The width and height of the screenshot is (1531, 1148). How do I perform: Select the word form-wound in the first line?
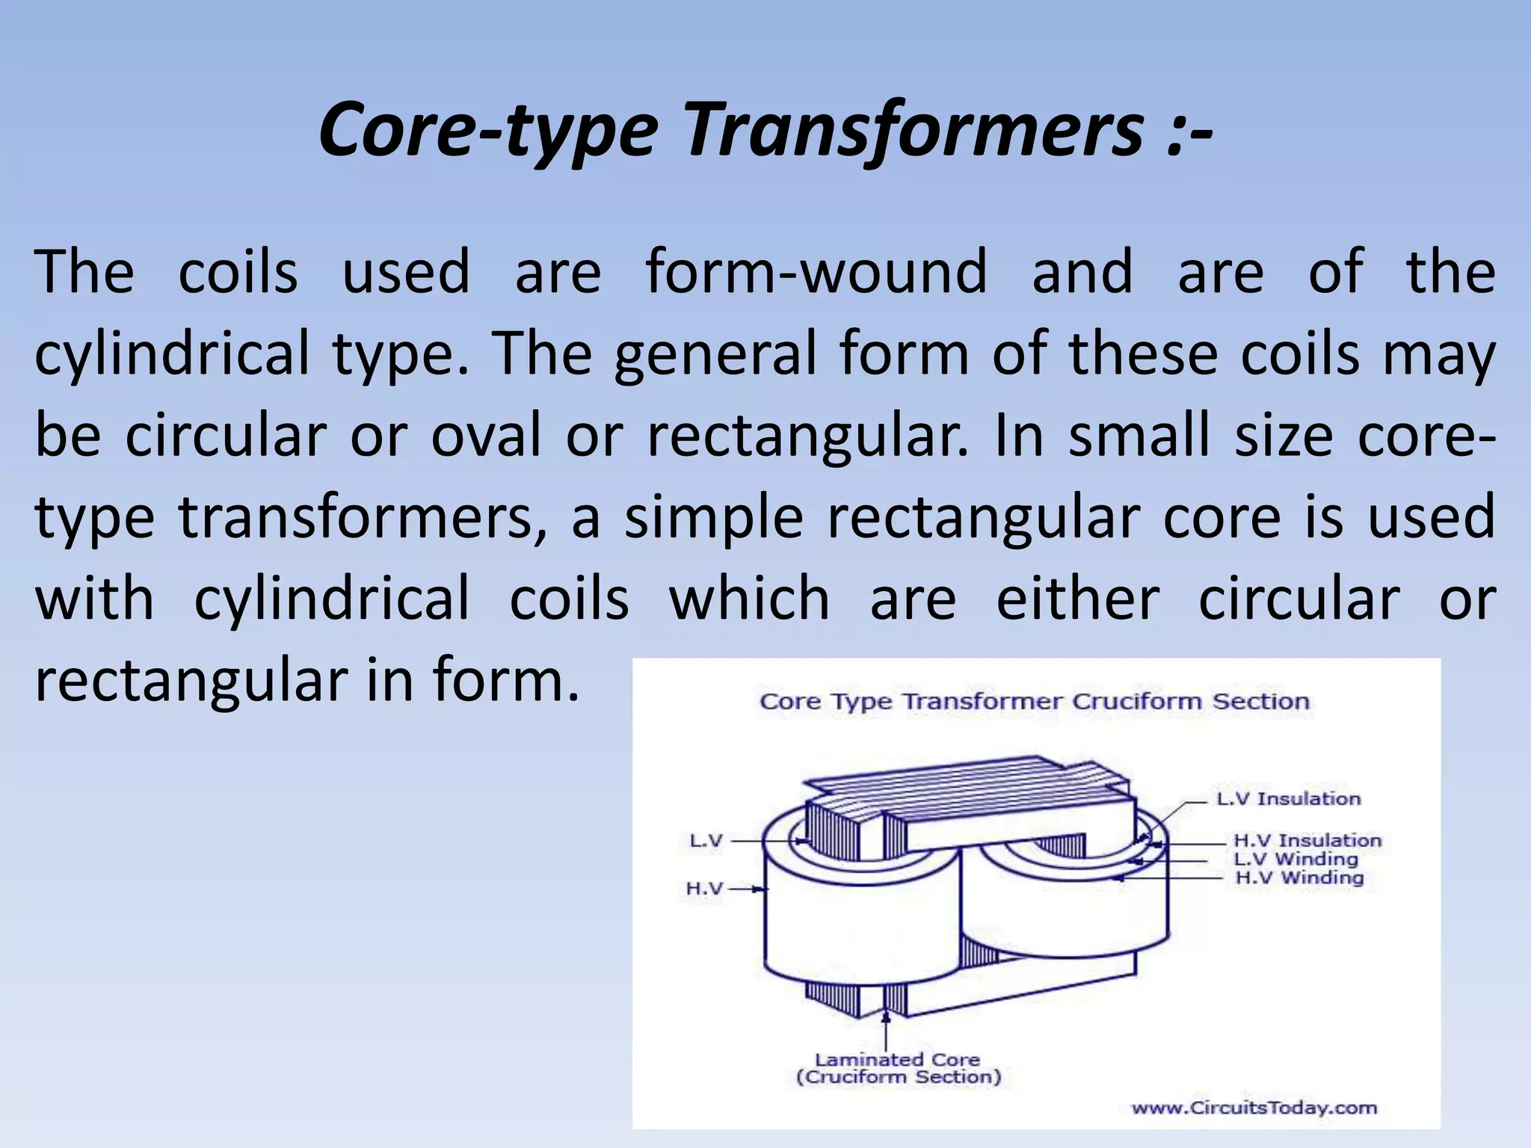[x=816, y=272]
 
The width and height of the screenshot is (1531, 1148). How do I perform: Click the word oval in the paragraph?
[x=486, y=435]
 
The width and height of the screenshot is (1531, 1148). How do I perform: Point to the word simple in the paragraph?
[x=714, y=517]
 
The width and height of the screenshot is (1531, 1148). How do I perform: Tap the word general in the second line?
[x=715, y=354]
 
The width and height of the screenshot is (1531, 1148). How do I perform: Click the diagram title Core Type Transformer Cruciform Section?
[x=1035, y=702]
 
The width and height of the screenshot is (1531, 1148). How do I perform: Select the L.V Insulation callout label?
[x=1288, y=799]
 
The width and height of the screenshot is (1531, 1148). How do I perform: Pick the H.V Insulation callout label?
[x=1307, y=841]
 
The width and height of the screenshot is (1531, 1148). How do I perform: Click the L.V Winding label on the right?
[x=1296, y=860]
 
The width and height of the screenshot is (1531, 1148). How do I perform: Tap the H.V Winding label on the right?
[x=1299, y=878]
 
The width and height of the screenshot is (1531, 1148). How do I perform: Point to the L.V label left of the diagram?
[x=706, y=841]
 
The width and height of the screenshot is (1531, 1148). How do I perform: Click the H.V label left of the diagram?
[x=704, y=889]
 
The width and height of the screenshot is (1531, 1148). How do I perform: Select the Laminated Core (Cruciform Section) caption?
[x=898, y=1068]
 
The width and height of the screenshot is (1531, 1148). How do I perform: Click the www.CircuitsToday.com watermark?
[x=1254, y=1108]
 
